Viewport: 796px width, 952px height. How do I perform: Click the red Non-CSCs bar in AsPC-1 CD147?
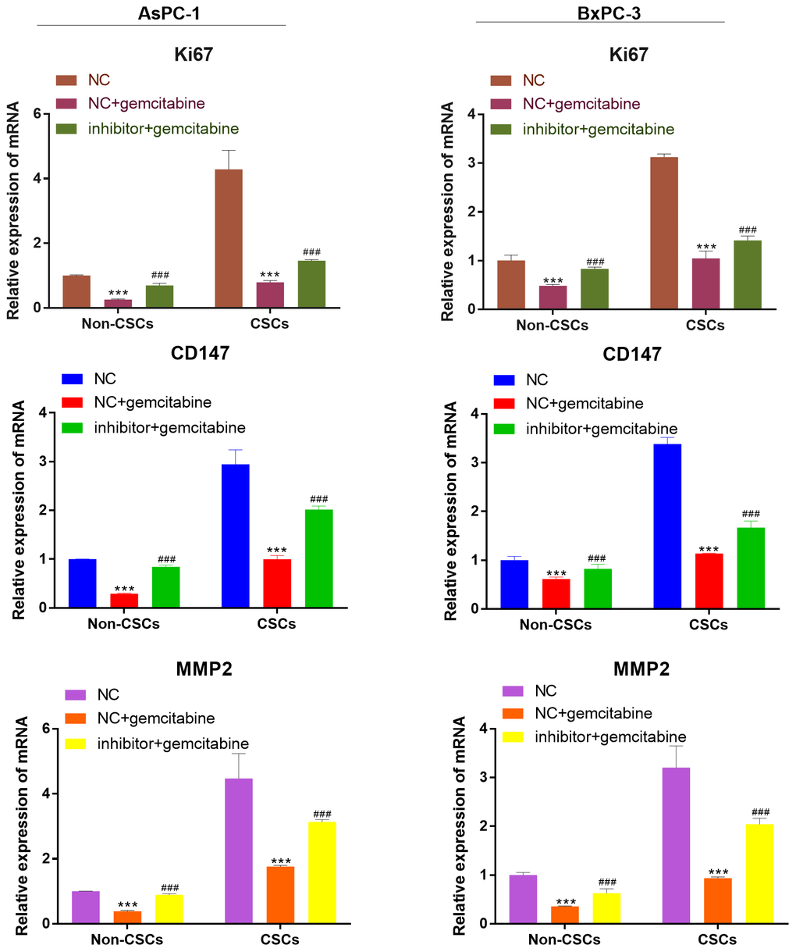coord(124,601)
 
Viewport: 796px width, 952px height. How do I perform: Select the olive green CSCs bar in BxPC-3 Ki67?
coord(747,274)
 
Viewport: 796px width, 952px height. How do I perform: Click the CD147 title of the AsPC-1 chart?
coord(201,353)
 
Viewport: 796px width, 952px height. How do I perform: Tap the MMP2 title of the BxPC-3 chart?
coord(641,669)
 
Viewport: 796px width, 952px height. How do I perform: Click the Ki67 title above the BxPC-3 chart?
coord(628,55)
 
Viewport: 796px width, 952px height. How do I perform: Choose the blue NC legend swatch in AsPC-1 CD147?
coord(72,379)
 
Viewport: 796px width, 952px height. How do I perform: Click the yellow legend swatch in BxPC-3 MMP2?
coord(513,736)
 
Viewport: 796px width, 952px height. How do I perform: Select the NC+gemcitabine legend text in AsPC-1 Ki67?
coord(147,103)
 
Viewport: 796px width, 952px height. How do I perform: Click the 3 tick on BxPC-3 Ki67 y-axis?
coord(471,163)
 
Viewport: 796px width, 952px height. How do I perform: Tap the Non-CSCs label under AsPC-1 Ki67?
coord(118,323)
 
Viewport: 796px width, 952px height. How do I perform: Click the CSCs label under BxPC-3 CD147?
coord(709,625)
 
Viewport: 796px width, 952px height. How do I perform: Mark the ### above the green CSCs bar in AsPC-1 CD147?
coord(318,499)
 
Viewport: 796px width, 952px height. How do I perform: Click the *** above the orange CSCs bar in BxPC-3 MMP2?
coord(718,872)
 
